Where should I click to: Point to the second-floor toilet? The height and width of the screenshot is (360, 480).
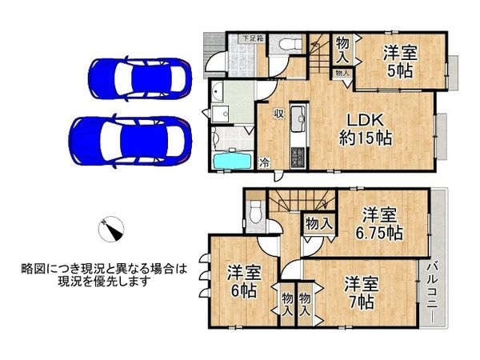(x=255, y=211)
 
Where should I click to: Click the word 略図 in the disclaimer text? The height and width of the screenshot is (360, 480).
(x=34, y=270)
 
